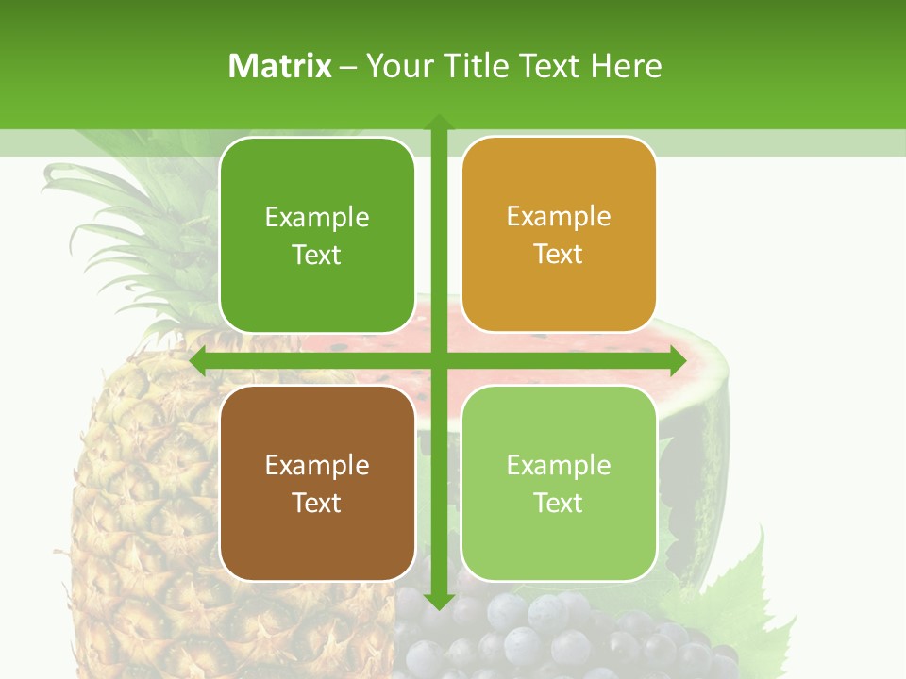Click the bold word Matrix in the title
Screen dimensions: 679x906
click(280, 66)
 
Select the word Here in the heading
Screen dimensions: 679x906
click(627, 66)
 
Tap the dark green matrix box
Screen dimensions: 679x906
click(317, 236)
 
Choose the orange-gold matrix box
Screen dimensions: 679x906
click(559, 235)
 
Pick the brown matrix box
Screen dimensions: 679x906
click(317, 483)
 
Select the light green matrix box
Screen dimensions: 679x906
click(559, 483)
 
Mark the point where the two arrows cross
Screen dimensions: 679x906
click(439, 361)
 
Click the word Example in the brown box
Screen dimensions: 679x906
click(317, 465)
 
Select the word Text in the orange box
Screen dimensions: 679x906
click(559, 255)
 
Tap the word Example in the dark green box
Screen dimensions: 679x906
click(317, 218)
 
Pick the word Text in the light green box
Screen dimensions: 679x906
click(559, 503)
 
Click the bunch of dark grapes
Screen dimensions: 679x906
click(566, 641)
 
